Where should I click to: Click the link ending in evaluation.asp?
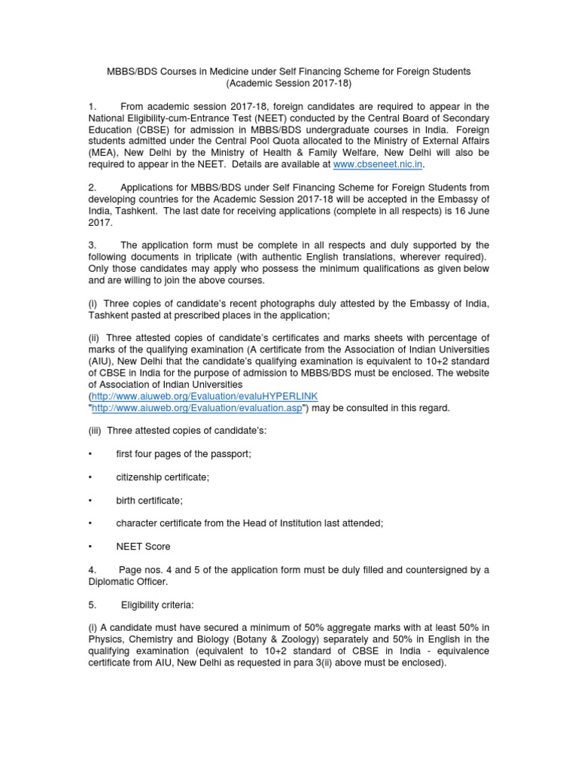[x=197, y=408]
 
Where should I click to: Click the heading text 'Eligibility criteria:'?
[x=164, y=605]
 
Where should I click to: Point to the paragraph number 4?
[x=91, y=570]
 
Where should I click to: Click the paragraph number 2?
[x=91, y=187]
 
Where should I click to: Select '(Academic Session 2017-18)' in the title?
[x=288, y=83]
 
